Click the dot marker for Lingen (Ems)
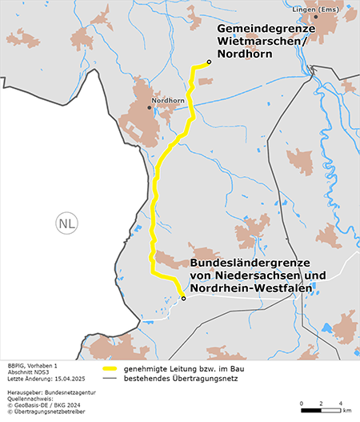tap(316, 16)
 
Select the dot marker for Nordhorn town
tap(150, 107)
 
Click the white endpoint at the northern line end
tap(209, 62)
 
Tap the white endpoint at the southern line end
tap(183, 299)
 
